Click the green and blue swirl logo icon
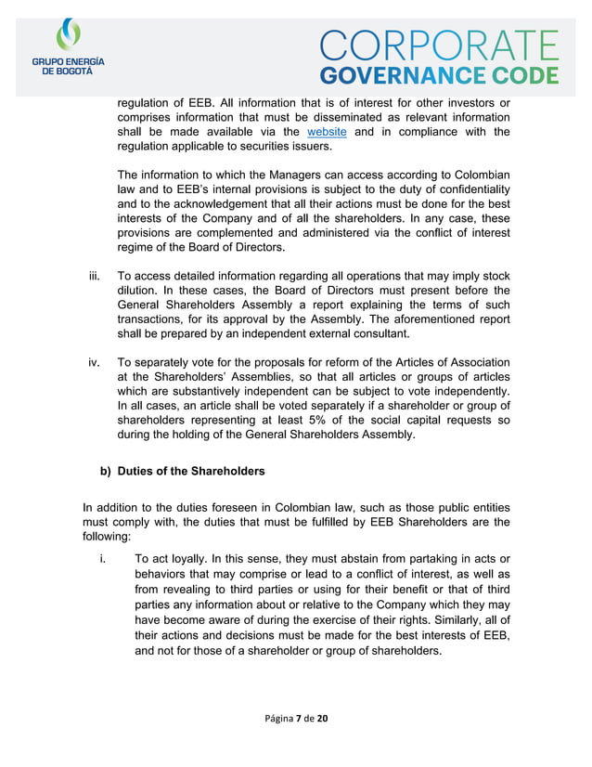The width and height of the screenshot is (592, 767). pyautogui.click(x=69, y=35)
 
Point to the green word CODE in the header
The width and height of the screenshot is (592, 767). pyautogui.click(x=523, y=76)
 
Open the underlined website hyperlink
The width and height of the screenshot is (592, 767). pyautogui.click(x=327, y=132)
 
